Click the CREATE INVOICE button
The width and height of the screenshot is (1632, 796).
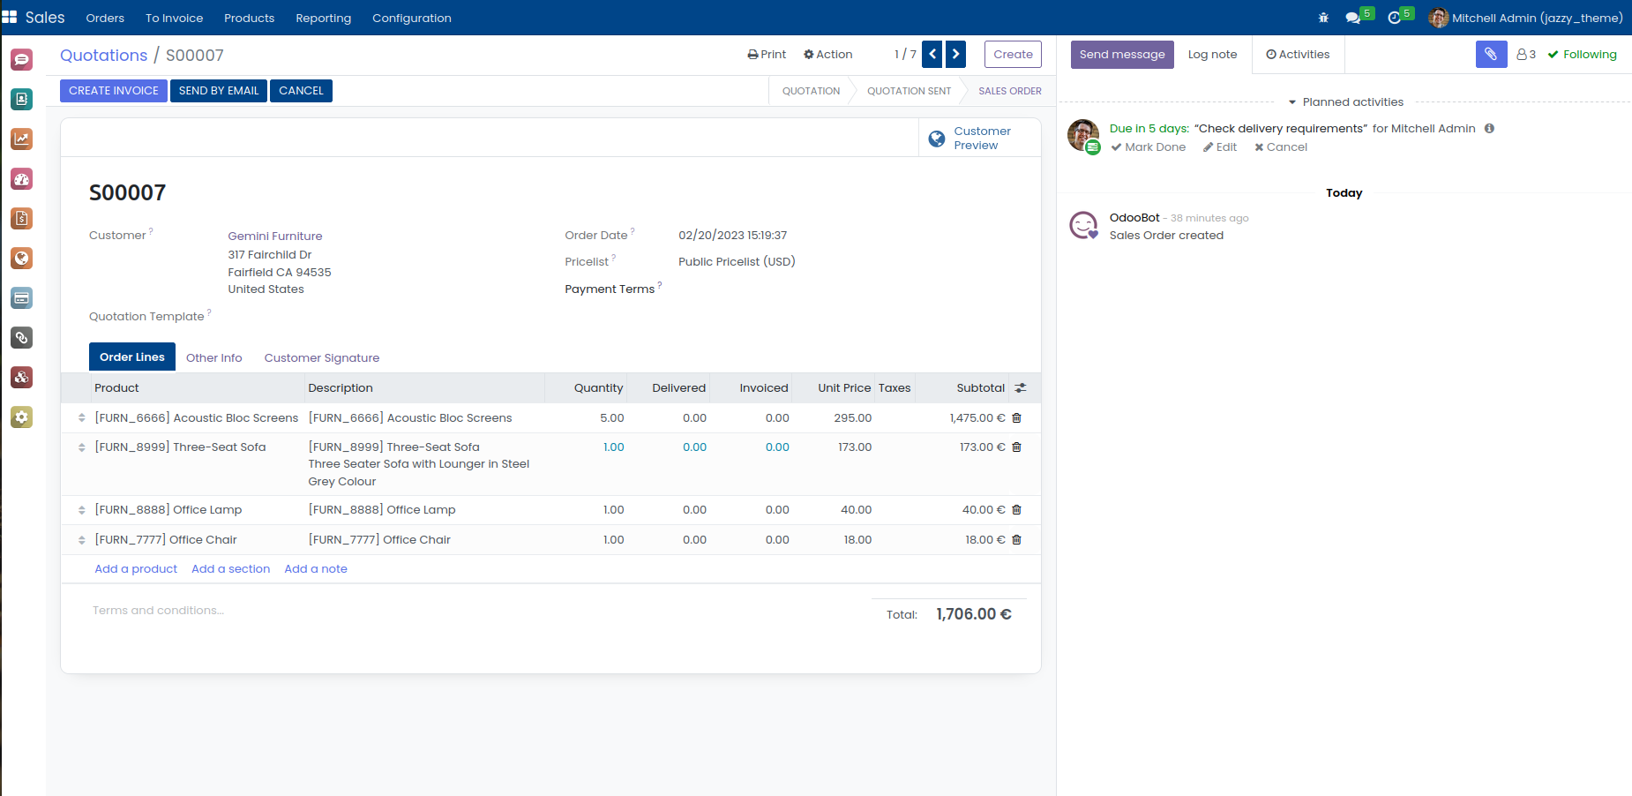click(x=113, y=91)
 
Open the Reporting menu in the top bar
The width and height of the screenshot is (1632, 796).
click(x=323, y=18)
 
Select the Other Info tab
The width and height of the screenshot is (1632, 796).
click(x=213, y=357)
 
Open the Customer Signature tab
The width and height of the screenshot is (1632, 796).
click(x=321, y=357)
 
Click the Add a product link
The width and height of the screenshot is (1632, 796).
click(x=136, y=569)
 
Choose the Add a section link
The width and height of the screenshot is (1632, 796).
click(x=230, y=569)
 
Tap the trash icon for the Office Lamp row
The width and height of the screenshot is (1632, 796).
click(x=1016, y=510)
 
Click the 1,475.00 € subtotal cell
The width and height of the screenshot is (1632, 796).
click(x=977, y=418)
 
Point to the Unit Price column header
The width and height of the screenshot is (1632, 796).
click(x=843, y=388)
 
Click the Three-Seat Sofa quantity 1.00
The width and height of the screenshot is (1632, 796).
click(x=613, y=447)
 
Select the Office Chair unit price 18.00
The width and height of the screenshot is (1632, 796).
click(x=857, y=540)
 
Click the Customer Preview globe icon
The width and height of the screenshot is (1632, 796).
click(x=937, y=139)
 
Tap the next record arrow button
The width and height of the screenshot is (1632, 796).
click(x=955, y=54)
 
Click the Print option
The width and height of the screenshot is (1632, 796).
click(x=767, y=54)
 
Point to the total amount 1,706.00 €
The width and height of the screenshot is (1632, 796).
click(x=973, y=614)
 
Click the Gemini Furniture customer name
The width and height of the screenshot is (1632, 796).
click(x=274, y=237)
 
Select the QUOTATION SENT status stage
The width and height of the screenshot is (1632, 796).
click(x=909, y=91)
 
